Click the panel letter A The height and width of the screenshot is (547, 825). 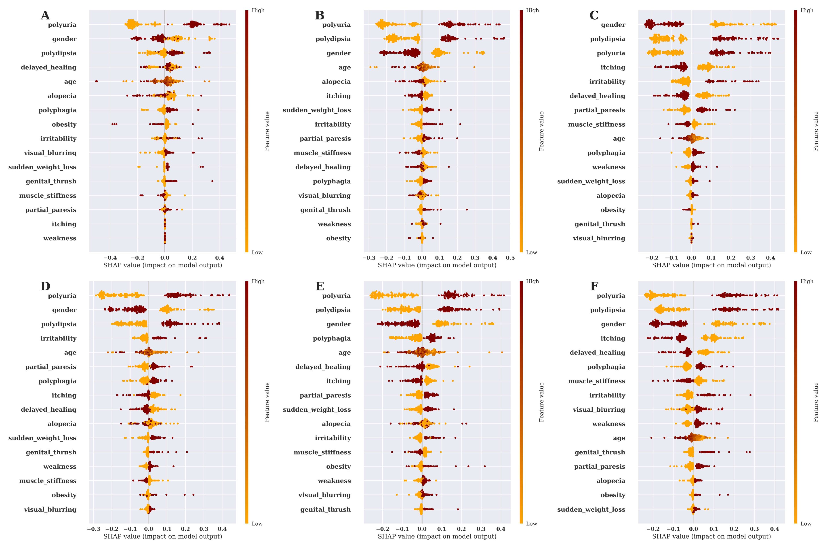(x=45, y=15)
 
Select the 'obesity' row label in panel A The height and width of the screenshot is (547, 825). (x=64, y=125)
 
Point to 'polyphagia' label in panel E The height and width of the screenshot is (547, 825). (x=332, y=338)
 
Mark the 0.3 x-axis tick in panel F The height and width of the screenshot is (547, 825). (x=754, y=529)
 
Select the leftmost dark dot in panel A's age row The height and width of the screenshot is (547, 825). (x=96, y=81)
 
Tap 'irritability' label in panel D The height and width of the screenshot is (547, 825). (x=58, y=338)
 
